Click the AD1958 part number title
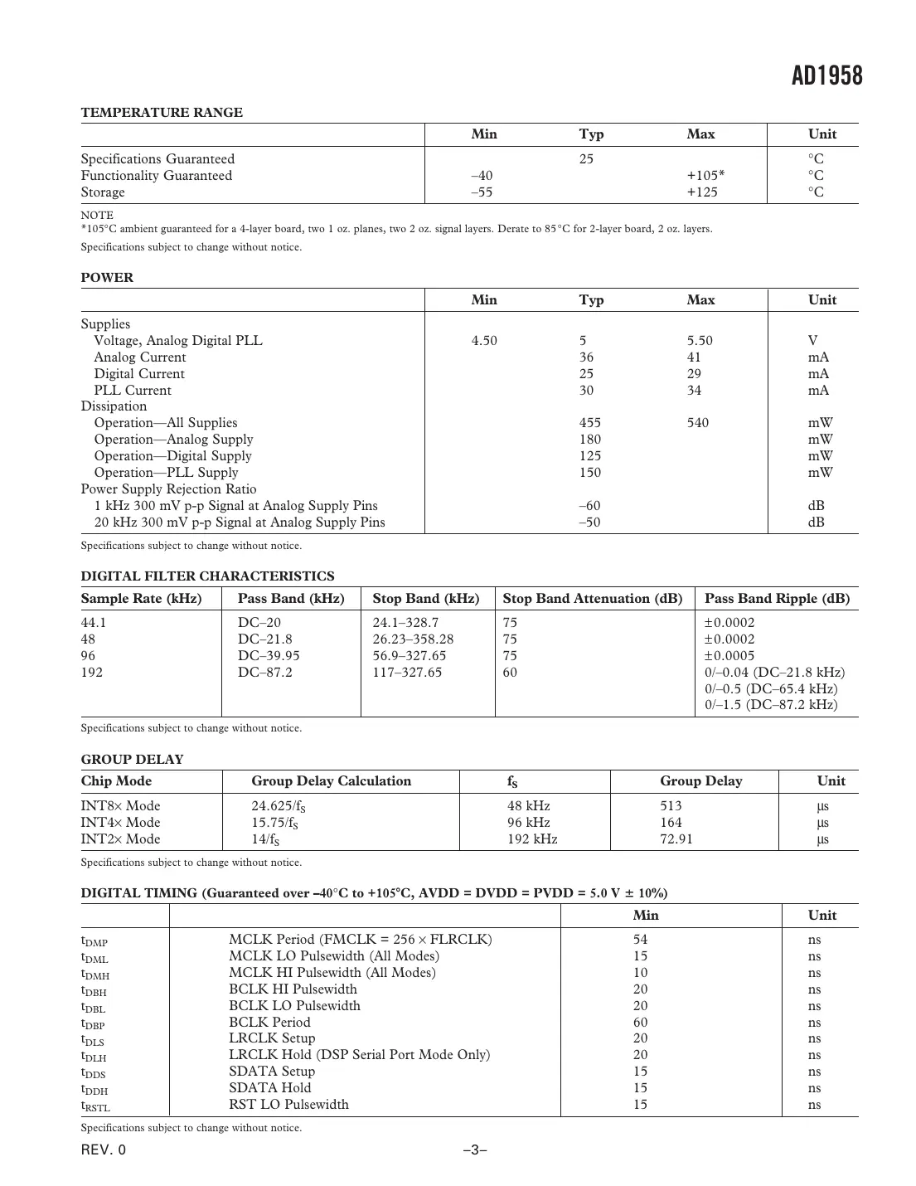tap(826, 76)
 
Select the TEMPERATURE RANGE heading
tap(162, 113)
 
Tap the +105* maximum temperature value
tap(705, 176)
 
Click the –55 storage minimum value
tap(482, 192)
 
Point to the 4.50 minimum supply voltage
tap(484, 341)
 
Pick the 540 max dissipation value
tap(697, 423)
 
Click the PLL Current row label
tap(133, 391)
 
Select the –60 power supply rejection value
tap(589, 506)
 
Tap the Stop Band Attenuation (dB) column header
tap(592, 599)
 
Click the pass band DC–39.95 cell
tap(269, 656)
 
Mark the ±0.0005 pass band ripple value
tap(729, 656)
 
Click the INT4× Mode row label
tap(120, 823)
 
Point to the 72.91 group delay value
tap(676, 839)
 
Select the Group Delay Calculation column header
tap(331, 781)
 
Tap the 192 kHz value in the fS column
tap(532, 839)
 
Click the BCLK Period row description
tap(269, 1023)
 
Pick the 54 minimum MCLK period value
tap(640, 940)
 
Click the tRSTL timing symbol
tap(95, 1106)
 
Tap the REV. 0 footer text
tap(104, 1150)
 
